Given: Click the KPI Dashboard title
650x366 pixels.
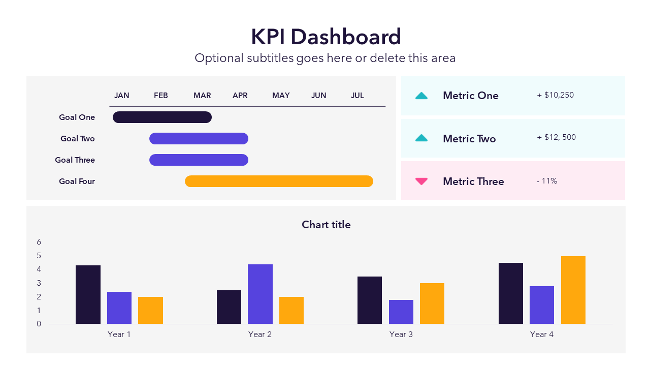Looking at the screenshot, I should click(326, 37).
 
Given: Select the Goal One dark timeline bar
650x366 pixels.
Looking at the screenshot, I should click(162, 117).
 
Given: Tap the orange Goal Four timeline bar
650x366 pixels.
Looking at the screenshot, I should click(279, 181).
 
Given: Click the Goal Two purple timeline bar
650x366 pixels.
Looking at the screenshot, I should click(199, 139).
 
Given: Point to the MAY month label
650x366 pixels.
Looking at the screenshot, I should click(281, 96).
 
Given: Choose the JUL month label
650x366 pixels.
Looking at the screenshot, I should click(357, 96).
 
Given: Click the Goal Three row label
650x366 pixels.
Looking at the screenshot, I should click(75, 160).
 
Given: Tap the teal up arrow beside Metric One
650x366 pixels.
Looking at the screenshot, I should click(421, 96).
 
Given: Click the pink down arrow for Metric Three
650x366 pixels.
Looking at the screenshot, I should click(421, 181).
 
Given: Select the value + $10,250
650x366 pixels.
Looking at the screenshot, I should click(555, 95).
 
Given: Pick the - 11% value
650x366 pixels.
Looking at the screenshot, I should click(547, 181).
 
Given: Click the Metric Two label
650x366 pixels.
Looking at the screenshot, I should click(469, 139).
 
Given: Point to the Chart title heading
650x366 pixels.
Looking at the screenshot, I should click(326, 225).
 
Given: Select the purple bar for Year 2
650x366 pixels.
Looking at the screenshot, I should click(260, 294).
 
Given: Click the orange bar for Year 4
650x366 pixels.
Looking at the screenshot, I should click(573, 290).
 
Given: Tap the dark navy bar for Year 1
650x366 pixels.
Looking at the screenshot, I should click(88, 294).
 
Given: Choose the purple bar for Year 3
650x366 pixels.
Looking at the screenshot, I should click(401, 312).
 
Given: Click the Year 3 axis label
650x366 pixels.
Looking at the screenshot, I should click(401, 334).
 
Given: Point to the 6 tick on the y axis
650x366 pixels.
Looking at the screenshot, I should click(39, 242).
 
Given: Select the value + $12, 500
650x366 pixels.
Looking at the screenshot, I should click(556, 137).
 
